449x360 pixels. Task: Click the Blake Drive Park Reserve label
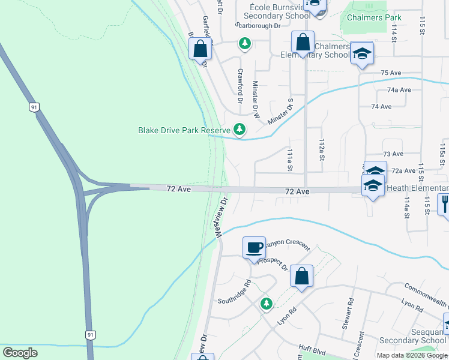point(184,130)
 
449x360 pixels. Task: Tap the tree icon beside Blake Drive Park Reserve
point(240,130)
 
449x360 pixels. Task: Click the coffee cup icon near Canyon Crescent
point(254,247)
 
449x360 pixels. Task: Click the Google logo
point(20,353)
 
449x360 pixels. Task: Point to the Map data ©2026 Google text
point(412,355)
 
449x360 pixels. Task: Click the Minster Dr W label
point(256,99)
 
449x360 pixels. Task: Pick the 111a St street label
point(290,160)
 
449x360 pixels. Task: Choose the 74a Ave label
point(399,89)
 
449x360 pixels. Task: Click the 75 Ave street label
point(391,73)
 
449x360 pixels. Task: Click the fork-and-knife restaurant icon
point(444,205)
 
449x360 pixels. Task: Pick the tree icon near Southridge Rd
point(266,304)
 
